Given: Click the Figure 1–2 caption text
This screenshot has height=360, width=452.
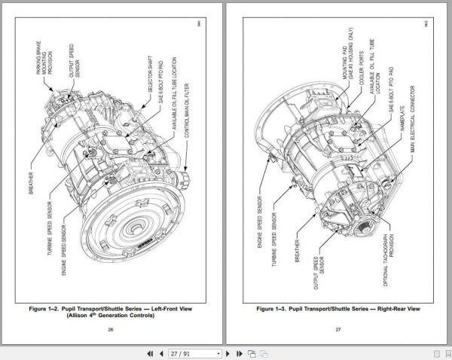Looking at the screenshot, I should (x=111, y=311).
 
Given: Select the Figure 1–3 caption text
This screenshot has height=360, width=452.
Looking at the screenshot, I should (x=338, y=309).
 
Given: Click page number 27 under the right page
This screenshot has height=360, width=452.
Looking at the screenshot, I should (x=338, y=328).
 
